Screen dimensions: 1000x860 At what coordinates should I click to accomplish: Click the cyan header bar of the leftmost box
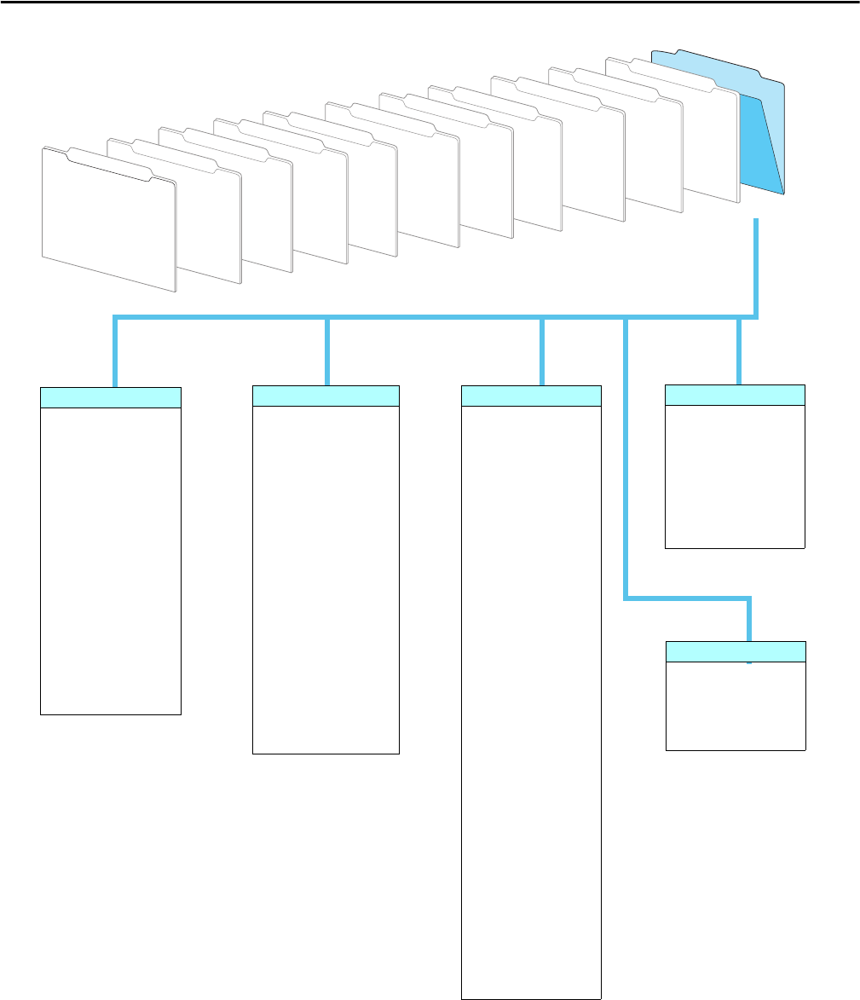coord(111,397)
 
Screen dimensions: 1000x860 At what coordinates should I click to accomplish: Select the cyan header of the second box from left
coord(326,396)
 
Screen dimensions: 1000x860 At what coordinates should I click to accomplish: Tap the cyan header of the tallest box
coord(531,396)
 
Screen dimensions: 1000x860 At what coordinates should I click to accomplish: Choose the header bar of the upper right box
coord(735,395)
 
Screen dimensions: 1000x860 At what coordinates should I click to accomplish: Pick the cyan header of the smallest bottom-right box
coord(735,651)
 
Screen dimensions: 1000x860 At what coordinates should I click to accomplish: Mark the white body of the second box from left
coord(326,580)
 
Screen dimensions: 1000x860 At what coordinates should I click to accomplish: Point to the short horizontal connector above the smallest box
coord(689,598)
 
